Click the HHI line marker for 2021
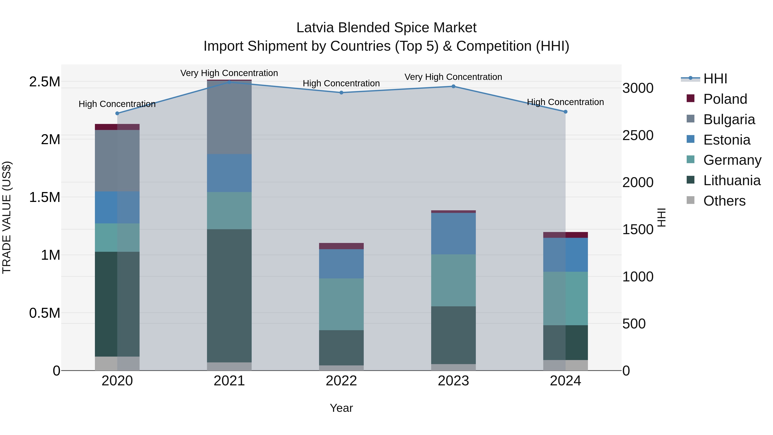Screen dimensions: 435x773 coord(229,82)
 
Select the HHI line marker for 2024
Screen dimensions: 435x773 coord(565,112)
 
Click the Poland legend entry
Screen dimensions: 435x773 coord(725,99)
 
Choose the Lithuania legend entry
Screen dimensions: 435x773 coord(732,180)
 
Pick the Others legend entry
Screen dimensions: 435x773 coord(724,201)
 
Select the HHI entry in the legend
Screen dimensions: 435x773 coord(715,79)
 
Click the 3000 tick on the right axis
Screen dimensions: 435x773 coord(638,88)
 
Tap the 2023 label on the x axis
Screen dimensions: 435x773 coord(453,381)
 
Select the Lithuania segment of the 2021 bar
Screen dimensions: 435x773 coord(229,296)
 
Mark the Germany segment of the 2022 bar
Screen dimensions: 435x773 coord(341,304)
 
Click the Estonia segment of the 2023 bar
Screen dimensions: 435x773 coord(453,234)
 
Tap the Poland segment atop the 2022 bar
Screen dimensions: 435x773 coord(341,246)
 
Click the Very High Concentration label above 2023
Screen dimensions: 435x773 coord(453,77)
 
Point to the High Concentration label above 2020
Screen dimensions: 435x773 coord(117,104)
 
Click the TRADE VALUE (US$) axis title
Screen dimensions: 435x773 coord(7,217)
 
